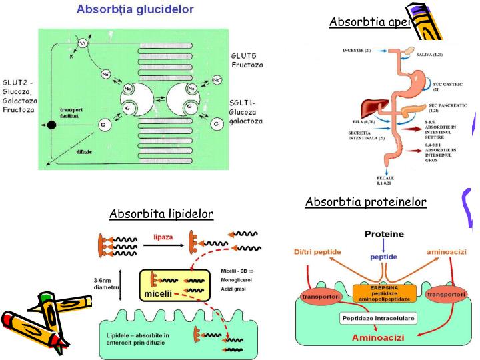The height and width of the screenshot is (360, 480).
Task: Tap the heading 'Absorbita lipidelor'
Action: (x=161, y=213)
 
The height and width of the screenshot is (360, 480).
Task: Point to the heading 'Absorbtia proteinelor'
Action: (x=365, y=202)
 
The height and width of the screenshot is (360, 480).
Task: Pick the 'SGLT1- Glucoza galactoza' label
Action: (x=247, y=111)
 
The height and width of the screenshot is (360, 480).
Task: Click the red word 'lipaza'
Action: (x=164, y=236)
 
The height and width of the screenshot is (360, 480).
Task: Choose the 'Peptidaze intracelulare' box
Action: (x=377, y=319)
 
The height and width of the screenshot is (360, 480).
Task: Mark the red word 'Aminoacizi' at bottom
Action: (x=378, y=339)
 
